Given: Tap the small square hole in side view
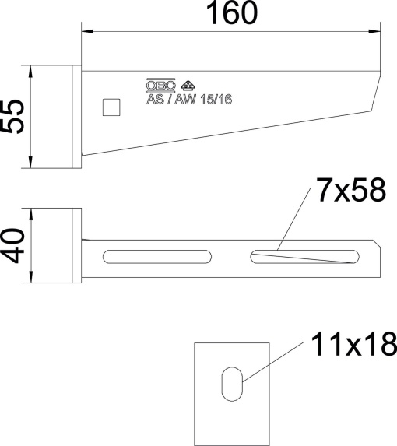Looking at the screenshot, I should pyautogui.click(x=112, y=106).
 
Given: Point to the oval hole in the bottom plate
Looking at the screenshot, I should pyautogui.click(x=232, y=384).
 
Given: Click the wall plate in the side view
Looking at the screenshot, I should pyautogui.click(x=76, y=118).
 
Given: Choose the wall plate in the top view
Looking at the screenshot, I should pyautogui.click(x=76, y=244).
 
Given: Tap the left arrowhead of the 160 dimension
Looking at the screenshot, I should pyautogui.click(x=87, y=31).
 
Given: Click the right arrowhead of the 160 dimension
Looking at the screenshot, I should pyautogui.click(x=378, y=31).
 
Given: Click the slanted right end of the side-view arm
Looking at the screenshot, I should pyautogui.click(x=377, y=93).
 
